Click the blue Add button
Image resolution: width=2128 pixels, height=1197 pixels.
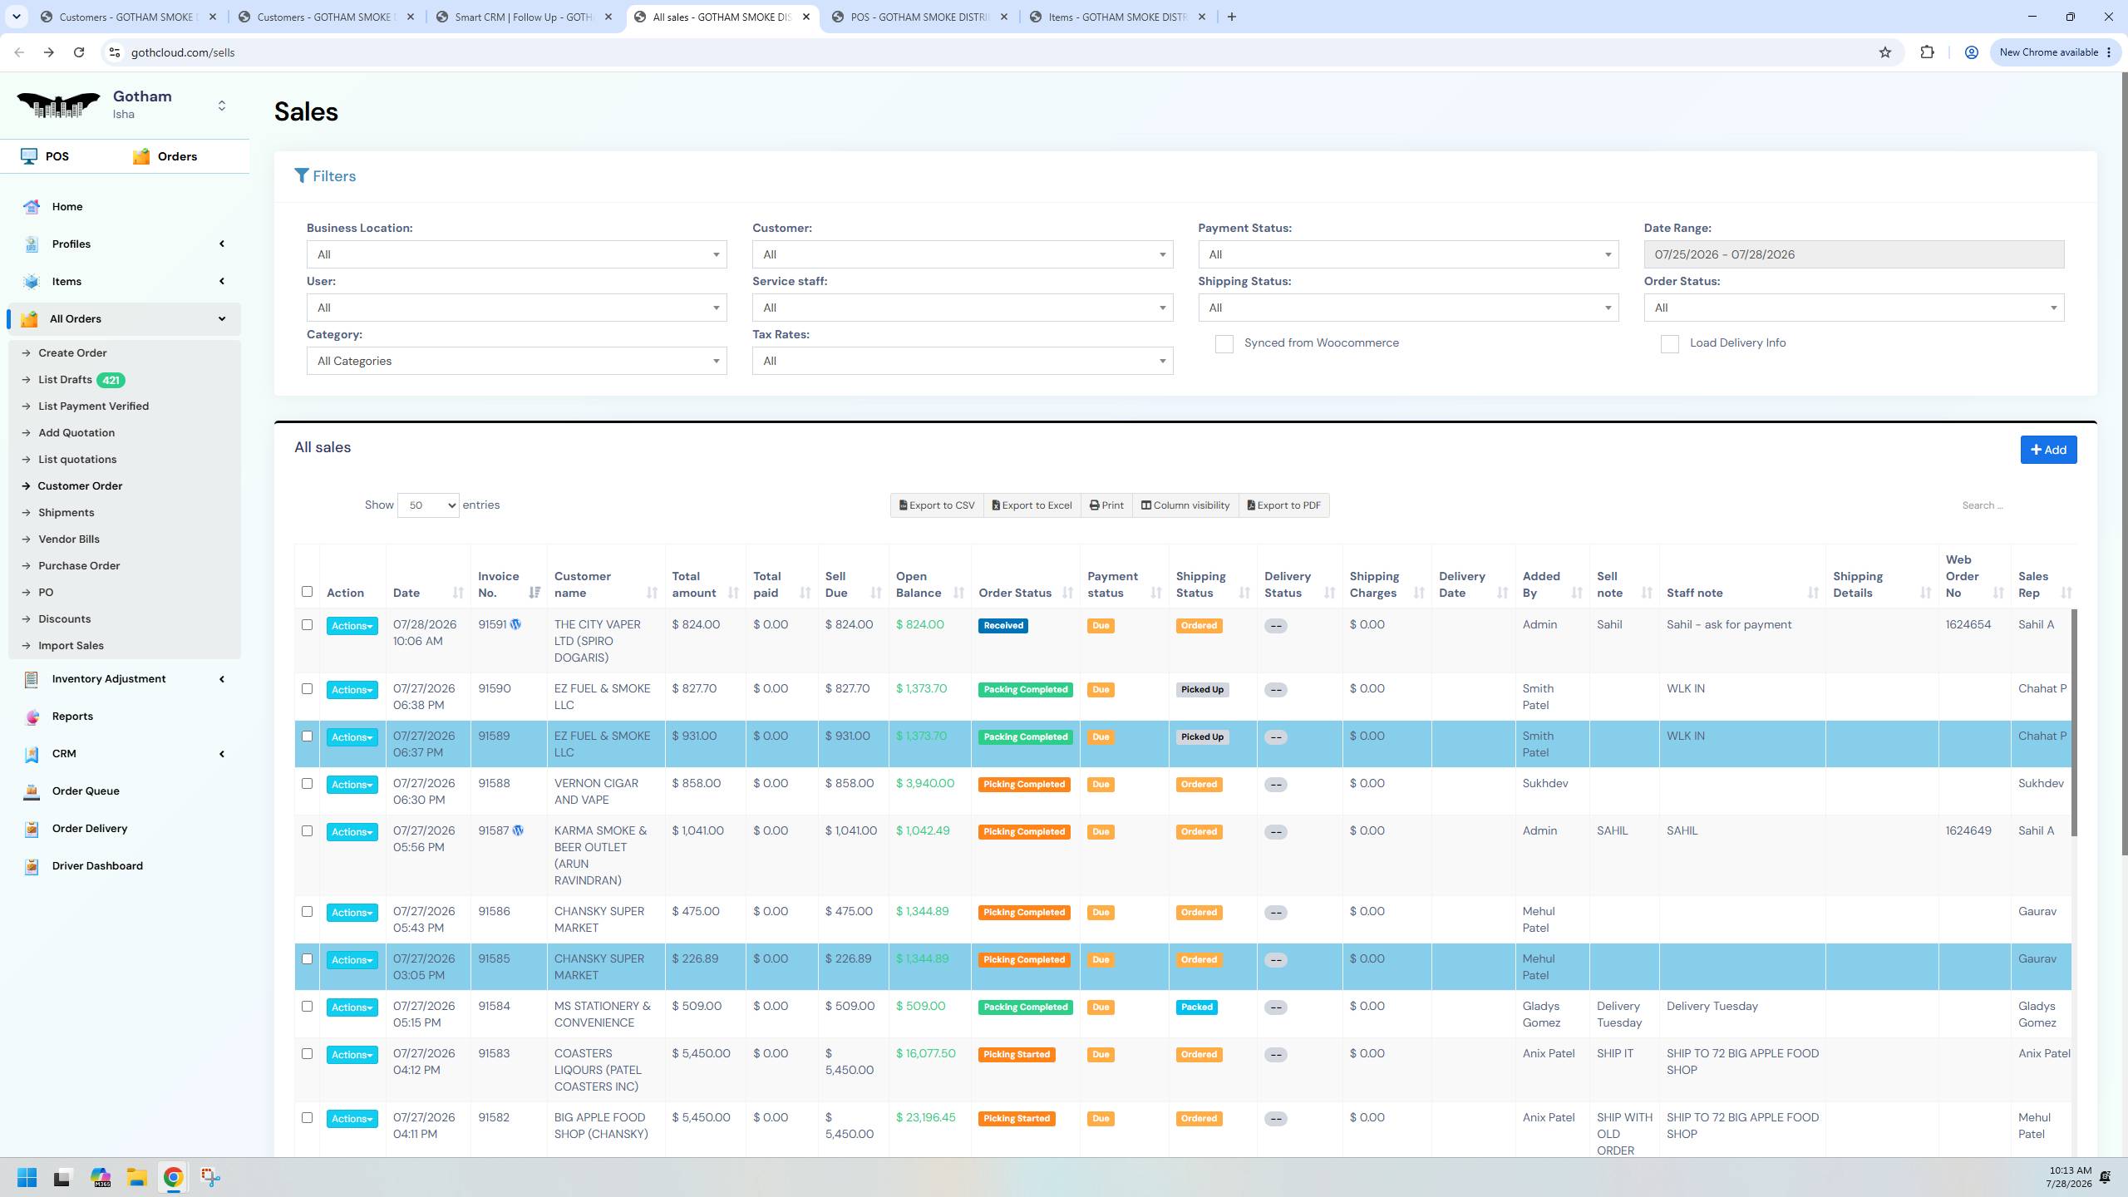pos(2048,450)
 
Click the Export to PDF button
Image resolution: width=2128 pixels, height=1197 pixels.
pos(1284,505)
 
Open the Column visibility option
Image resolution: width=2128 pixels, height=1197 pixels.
pos(1185,505)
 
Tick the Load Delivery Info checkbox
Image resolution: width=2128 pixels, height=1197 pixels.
pos(1669,344)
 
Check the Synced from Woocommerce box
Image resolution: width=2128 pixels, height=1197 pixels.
pos(1224,344)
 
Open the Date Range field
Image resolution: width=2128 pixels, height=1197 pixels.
pos(1854,254)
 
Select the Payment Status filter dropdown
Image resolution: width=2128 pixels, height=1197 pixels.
pos(1408,254)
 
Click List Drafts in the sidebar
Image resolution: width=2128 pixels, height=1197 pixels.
pos(65,380)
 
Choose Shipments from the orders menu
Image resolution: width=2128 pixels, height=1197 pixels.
pos(66,513)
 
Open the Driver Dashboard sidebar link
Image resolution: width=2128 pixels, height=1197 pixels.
pos(97,866)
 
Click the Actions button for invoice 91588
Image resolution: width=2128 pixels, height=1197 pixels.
pos(352,785)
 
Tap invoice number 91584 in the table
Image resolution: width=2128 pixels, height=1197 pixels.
pos(495,1007)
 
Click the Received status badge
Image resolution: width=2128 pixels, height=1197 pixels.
pos(1003,626)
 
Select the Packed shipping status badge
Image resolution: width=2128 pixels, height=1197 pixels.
pos(1197,1007)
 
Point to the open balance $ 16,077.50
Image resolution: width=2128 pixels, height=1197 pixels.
pos(926,1054)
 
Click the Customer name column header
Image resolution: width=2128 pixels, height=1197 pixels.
pos(583,584)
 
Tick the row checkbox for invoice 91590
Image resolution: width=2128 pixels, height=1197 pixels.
pos(307,689)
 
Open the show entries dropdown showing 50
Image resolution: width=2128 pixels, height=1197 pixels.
pos(428,505)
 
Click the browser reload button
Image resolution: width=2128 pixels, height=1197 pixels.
pos(79,52)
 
